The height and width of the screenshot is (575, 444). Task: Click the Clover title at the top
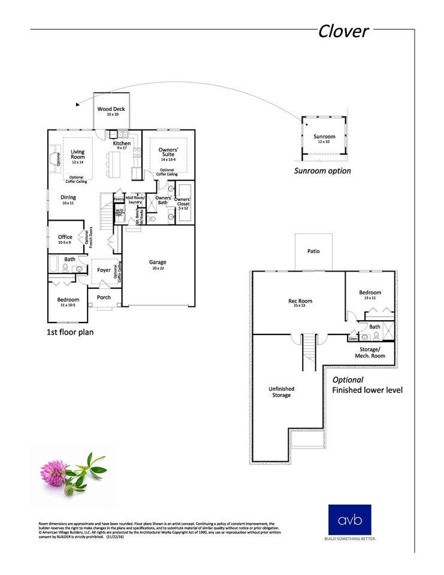[x=343, y=31]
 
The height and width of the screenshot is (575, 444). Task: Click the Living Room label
[x=77, y=155]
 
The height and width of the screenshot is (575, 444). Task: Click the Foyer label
[x=104, y=270]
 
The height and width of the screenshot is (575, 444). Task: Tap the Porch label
[x=104, y=297]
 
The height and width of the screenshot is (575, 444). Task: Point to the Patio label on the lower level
[x=313, y=251]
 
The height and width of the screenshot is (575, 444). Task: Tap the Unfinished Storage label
[x=281, y=392]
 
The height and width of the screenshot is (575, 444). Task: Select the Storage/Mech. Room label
[x=369, y=352]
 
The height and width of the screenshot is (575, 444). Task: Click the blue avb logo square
[x=349, y=519]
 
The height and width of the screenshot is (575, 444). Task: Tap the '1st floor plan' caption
[x=70, y=332]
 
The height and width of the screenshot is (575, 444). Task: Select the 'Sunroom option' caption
[x=322, y=171]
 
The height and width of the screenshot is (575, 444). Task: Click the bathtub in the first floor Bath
[x=53, y=264]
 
